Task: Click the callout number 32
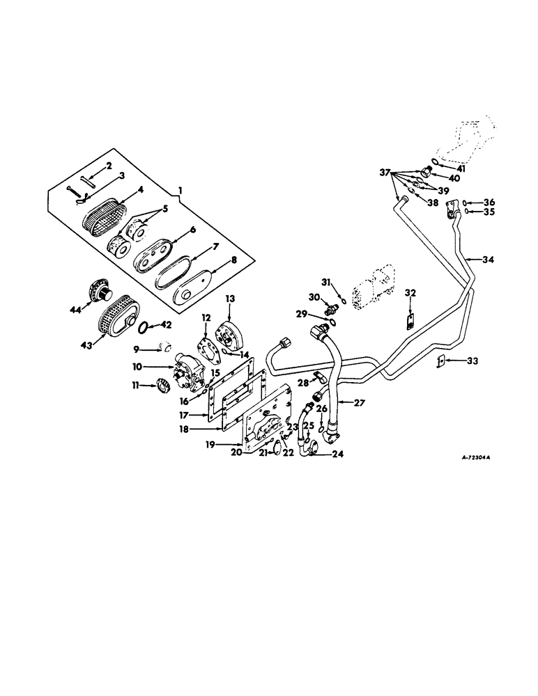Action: (410, 293)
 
